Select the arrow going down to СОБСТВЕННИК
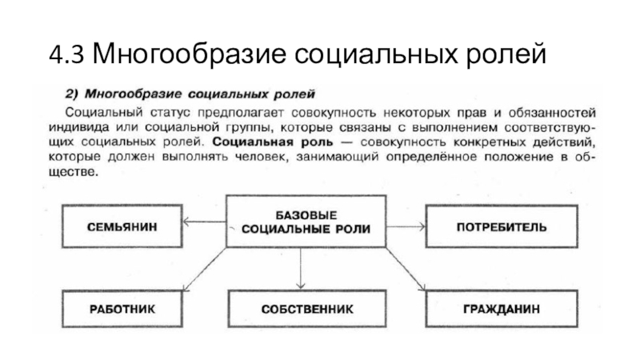[x=300, y=268]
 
